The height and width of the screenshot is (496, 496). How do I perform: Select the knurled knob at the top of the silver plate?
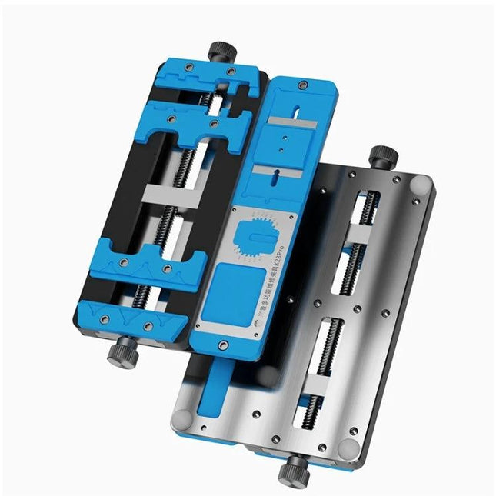(x=381, y=157)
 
